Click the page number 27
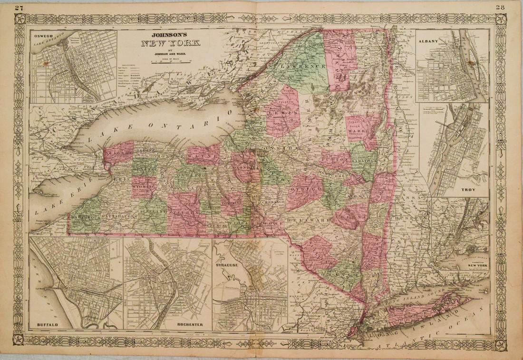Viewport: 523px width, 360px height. point(19,7)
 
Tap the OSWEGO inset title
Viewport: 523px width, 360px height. point(42,34)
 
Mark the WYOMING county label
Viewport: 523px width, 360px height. point(145,188)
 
